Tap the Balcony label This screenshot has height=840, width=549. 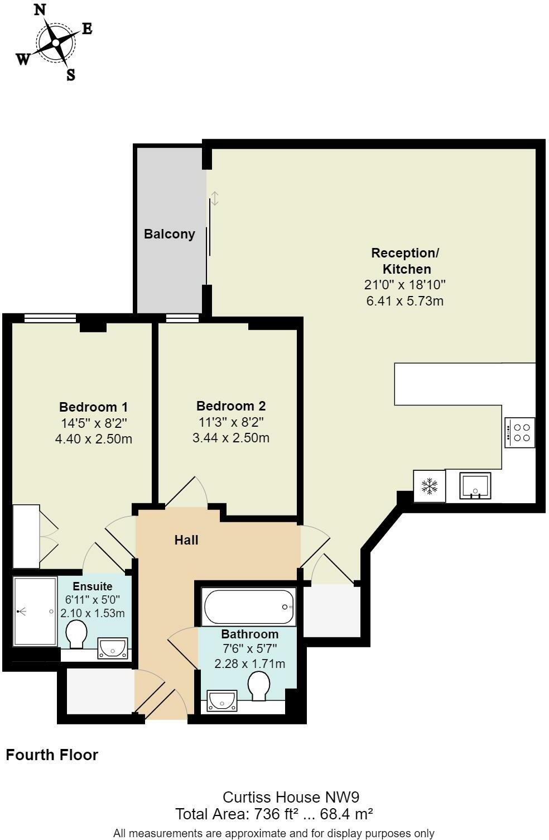(x=170, y=234)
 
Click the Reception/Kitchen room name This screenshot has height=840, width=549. (x=406, y=260)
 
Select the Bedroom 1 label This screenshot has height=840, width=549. (x=94, y=407)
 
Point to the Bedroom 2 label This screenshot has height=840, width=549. (x=231, y=406)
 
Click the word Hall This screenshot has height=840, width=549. (x=186, y=540)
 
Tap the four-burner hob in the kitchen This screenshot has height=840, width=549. (x=520, y=432)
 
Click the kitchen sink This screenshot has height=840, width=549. (x=475, y=485)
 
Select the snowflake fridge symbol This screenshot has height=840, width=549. (x=429, y=486)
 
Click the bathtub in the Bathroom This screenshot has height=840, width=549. (x=249, y=607)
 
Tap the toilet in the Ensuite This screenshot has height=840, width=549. (x=76, y=635)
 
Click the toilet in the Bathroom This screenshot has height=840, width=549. (x=259, y=685)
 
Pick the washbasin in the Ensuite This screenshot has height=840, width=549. (x=113, y=648)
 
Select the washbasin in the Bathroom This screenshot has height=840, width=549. (x=222, y=700)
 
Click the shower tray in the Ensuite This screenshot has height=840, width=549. (x=35, y=612)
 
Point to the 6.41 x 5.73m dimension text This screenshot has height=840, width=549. (x=404, y=301)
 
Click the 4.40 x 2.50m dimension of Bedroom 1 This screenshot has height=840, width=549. (x=94, y=439)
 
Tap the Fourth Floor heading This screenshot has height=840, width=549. (x=52, y=755)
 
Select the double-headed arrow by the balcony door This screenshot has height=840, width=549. (x=215, y=198)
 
